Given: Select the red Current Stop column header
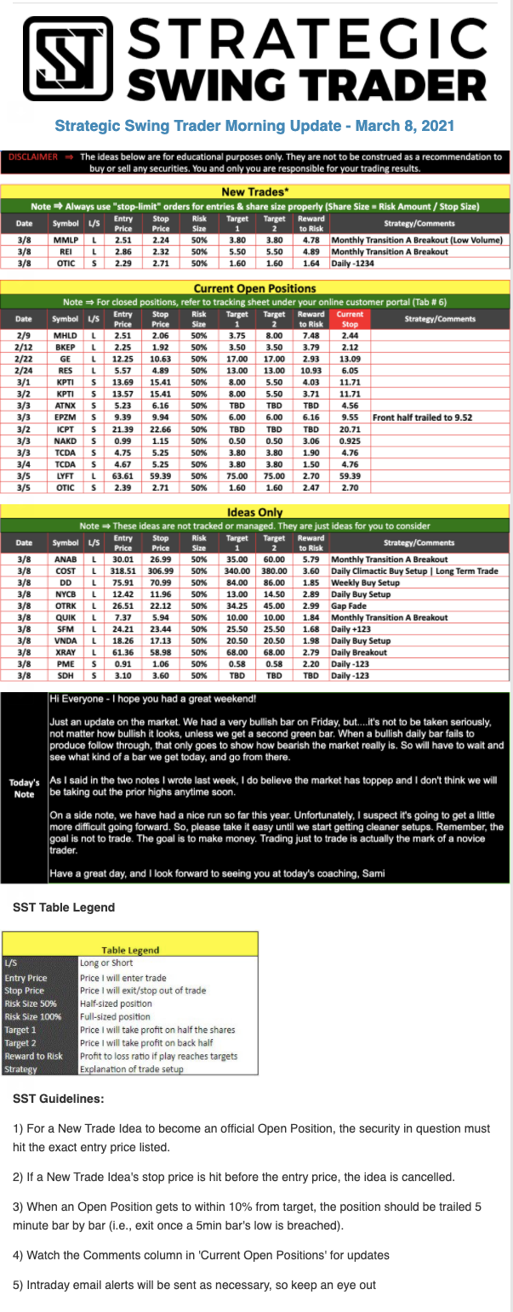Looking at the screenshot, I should click(x=350, y=318).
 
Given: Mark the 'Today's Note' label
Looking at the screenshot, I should click(x=23, y=787).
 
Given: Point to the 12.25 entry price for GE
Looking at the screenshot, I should click(x=123, y=358).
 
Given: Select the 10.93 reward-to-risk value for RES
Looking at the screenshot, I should click(x=311, y=370).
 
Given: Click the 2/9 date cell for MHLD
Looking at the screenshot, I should click(x=25, y=335).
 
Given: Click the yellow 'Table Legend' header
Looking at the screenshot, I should click(x=130, y=950).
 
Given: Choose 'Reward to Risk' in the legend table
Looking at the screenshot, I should click(x=33, y=1056).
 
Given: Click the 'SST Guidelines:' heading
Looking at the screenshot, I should click(x=59, y=1099).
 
